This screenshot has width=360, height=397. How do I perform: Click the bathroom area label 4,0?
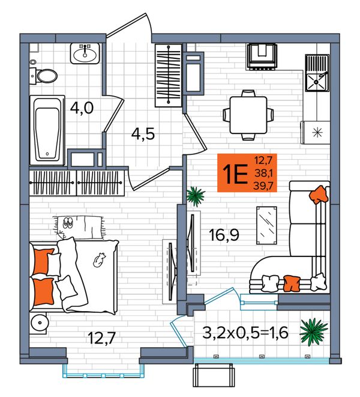point(82,108)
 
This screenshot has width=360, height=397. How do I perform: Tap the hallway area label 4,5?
point(143,134)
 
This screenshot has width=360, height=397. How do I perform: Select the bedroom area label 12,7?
point(102,338)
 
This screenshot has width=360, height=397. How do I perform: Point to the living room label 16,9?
point(224,235)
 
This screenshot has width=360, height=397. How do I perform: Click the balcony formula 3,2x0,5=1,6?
point(245,333)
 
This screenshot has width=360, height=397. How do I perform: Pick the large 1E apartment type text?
point(235,174)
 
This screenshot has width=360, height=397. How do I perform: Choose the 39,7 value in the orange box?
point(263,186)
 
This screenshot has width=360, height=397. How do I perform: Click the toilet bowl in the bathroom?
point(47,76)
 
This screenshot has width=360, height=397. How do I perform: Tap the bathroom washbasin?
point(85,53)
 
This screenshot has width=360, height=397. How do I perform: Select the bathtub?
point(47,131)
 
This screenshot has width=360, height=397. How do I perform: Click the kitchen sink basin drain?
point(316,82)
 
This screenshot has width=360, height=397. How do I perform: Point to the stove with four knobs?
point(262,56)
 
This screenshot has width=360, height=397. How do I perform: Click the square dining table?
point(248,115)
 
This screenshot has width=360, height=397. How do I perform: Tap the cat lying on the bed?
point(99,259)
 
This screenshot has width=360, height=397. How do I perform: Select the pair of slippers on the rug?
point(68,223)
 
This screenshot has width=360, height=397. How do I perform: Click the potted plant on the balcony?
point(314,332)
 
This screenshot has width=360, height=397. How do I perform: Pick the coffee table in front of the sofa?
point(266,225)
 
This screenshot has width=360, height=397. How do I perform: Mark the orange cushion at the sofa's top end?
point(319,195)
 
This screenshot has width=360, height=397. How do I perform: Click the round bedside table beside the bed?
point(39,323)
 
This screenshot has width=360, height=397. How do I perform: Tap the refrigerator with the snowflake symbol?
point(316,132)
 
